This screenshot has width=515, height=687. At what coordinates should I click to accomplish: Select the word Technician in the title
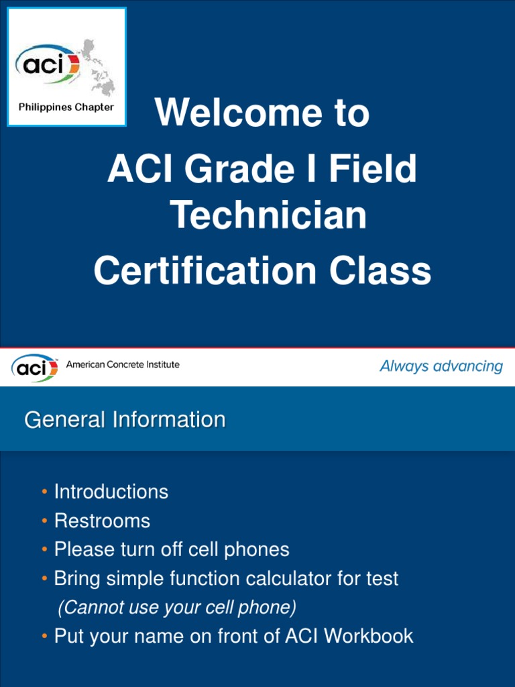click(x=268, y=216)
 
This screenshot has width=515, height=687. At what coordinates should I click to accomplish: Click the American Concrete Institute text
click(x=123, y=364)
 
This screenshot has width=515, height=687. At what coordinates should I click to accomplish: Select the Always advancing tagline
click(x=441, y=366)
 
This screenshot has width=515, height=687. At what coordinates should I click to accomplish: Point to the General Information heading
click(x=125, y=420)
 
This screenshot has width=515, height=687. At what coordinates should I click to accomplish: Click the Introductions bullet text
click(x=111, y=492)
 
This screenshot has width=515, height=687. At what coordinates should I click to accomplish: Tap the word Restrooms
click(x=102, y=521)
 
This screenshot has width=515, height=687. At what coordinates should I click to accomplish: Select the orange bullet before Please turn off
click(x=44, y=550)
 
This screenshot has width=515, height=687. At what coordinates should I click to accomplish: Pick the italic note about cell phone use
click(x=177, y=608)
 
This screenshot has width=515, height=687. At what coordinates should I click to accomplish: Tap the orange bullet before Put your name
click(x=44, y=636)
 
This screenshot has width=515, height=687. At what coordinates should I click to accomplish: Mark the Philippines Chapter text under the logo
click(x=66, y=107)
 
